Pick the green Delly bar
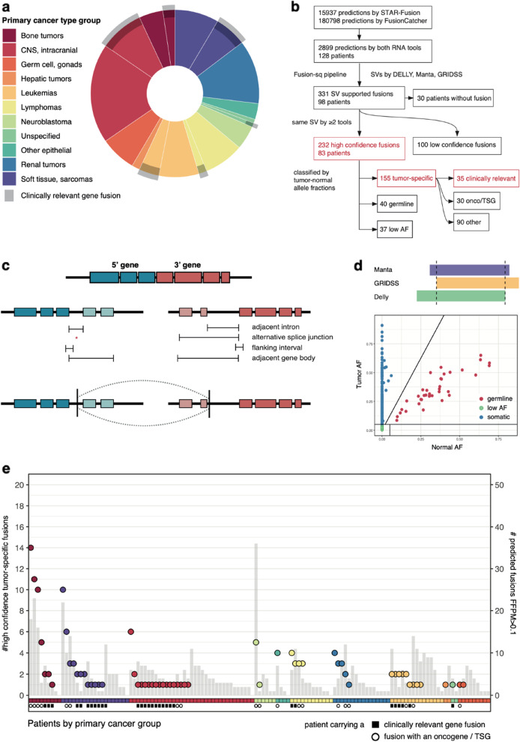pyautogui.click(x=461, y=297)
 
